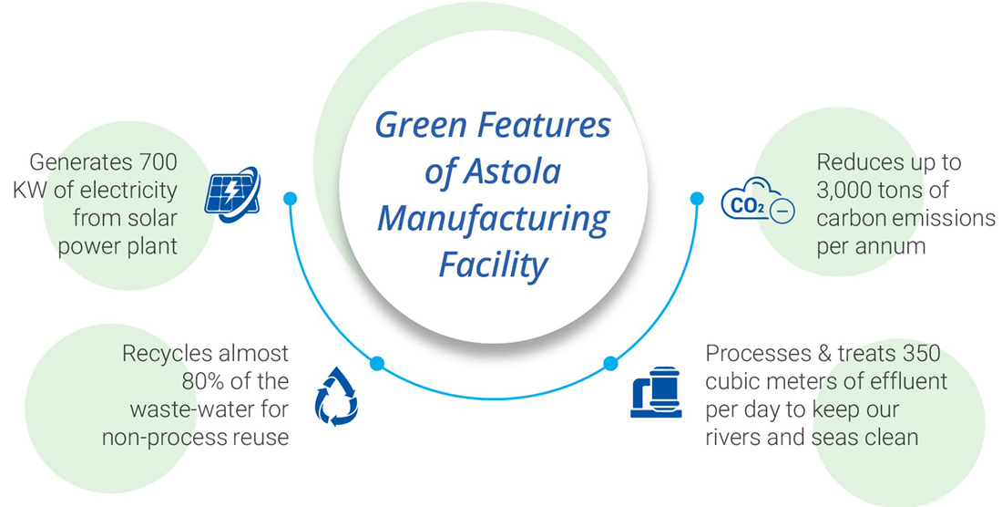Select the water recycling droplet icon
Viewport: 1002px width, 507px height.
coord(336,397)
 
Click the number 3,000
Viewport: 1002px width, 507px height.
coord(852,191)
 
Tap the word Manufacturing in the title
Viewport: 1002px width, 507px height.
coord(493,219)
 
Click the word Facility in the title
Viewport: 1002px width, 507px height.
coord(493,265)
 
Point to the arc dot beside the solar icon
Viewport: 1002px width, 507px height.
coord(290,198)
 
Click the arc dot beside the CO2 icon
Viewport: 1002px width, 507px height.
coord(697,198)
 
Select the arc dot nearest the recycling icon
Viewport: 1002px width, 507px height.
coord(377,363)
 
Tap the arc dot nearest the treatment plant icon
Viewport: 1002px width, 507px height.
coord(610,363)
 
